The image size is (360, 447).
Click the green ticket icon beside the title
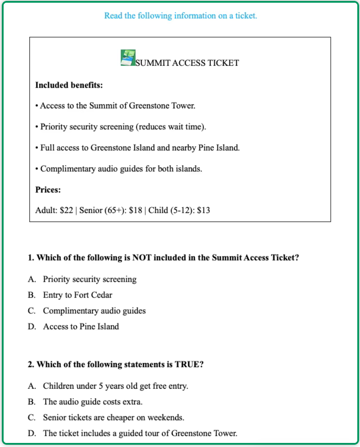128,58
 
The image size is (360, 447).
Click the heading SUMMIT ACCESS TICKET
187,63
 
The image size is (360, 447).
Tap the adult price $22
66,210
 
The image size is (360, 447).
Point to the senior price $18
135,210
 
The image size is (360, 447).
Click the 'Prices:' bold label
48,190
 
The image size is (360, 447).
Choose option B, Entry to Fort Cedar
78,295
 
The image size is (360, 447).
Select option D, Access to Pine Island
81,326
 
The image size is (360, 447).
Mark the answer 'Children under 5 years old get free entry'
115,386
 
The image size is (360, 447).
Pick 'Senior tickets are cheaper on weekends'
113,418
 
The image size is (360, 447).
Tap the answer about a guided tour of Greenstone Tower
140,433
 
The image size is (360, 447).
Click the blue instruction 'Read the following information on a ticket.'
180,16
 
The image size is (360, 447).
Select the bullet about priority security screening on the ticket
121,126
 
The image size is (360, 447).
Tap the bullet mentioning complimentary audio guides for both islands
119,169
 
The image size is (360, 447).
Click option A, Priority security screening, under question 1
89,279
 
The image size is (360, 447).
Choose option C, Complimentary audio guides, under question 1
94,311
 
